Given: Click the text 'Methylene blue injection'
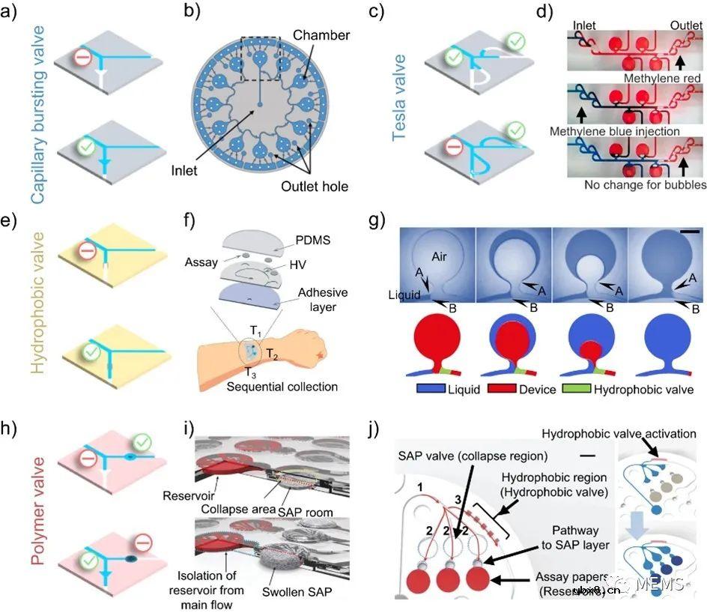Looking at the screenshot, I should (615, 131).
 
